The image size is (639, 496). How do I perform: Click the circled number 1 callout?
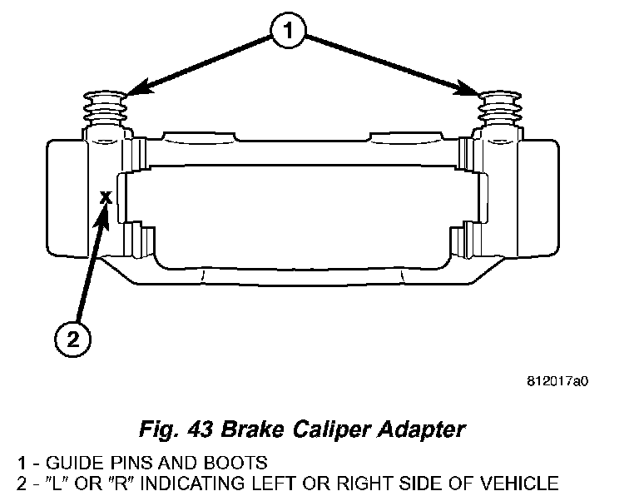288,31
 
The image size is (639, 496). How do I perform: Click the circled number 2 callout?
72,339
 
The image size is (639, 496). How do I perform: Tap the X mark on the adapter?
106,198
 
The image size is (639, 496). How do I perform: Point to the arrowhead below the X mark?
102,217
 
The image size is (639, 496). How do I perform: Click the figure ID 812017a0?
557,381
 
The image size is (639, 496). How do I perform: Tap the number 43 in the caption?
200,429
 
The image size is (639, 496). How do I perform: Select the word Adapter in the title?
421,430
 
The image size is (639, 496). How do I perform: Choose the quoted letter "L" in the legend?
57,484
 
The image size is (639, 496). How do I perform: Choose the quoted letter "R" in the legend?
121,484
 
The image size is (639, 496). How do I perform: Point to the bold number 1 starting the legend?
22,463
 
